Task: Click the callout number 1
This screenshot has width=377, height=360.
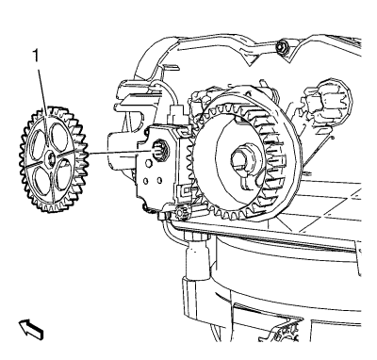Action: click(37, 57)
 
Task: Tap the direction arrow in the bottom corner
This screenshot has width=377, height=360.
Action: click(31, 329)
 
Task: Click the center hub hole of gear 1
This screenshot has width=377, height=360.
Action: click(50, 157)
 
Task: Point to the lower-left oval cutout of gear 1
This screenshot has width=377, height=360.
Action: click(41, 179)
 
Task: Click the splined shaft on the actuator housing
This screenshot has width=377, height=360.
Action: click(158, 150)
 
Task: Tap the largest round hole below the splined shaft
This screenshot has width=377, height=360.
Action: click(149, 164)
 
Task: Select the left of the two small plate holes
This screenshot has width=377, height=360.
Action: click(145, 181)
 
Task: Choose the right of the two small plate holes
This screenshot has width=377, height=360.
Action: click(159, 180)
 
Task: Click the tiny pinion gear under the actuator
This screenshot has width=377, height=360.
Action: click(182, 213)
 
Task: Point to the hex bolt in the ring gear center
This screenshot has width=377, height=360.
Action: click(243, 157)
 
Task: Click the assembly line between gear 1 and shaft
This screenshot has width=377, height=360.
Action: click(119, 153)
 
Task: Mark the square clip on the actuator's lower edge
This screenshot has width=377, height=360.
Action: click(186, 190)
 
